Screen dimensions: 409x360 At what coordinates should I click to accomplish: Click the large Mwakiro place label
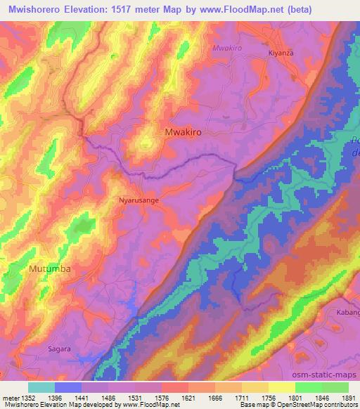(x=187, y=131)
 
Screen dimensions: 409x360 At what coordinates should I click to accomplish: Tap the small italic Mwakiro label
(x=227, y=48)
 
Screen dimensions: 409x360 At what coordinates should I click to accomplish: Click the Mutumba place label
(x=50, y=269)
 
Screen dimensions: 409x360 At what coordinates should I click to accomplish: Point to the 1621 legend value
(x=188, y=397)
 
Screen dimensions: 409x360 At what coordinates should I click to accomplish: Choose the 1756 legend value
(x=268, y=397)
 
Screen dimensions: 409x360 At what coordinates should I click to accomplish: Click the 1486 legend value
(x=109, y=397)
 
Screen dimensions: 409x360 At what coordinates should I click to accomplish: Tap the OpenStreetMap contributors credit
(x=309, y=405)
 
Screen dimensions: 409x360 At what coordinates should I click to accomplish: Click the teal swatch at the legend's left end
(x=41, y=387)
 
